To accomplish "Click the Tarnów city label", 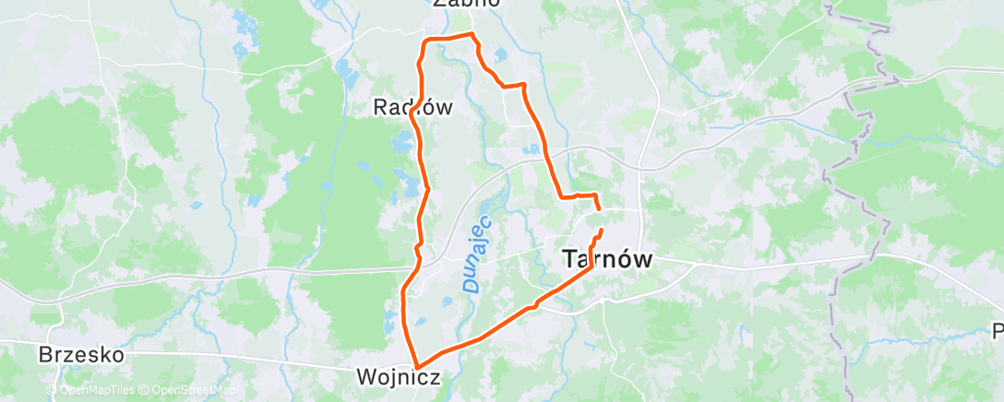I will (606, 261).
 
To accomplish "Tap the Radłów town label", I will (412, 107).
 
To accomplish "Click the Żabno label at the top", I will (466, 3).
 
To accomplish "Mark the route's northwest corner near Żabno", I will (424, 41).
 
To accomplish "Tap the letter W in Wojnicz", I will (366, 377).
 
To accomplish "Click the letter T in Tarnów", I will (569, 261).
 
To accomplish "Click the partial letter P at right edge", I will (998, 331).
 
